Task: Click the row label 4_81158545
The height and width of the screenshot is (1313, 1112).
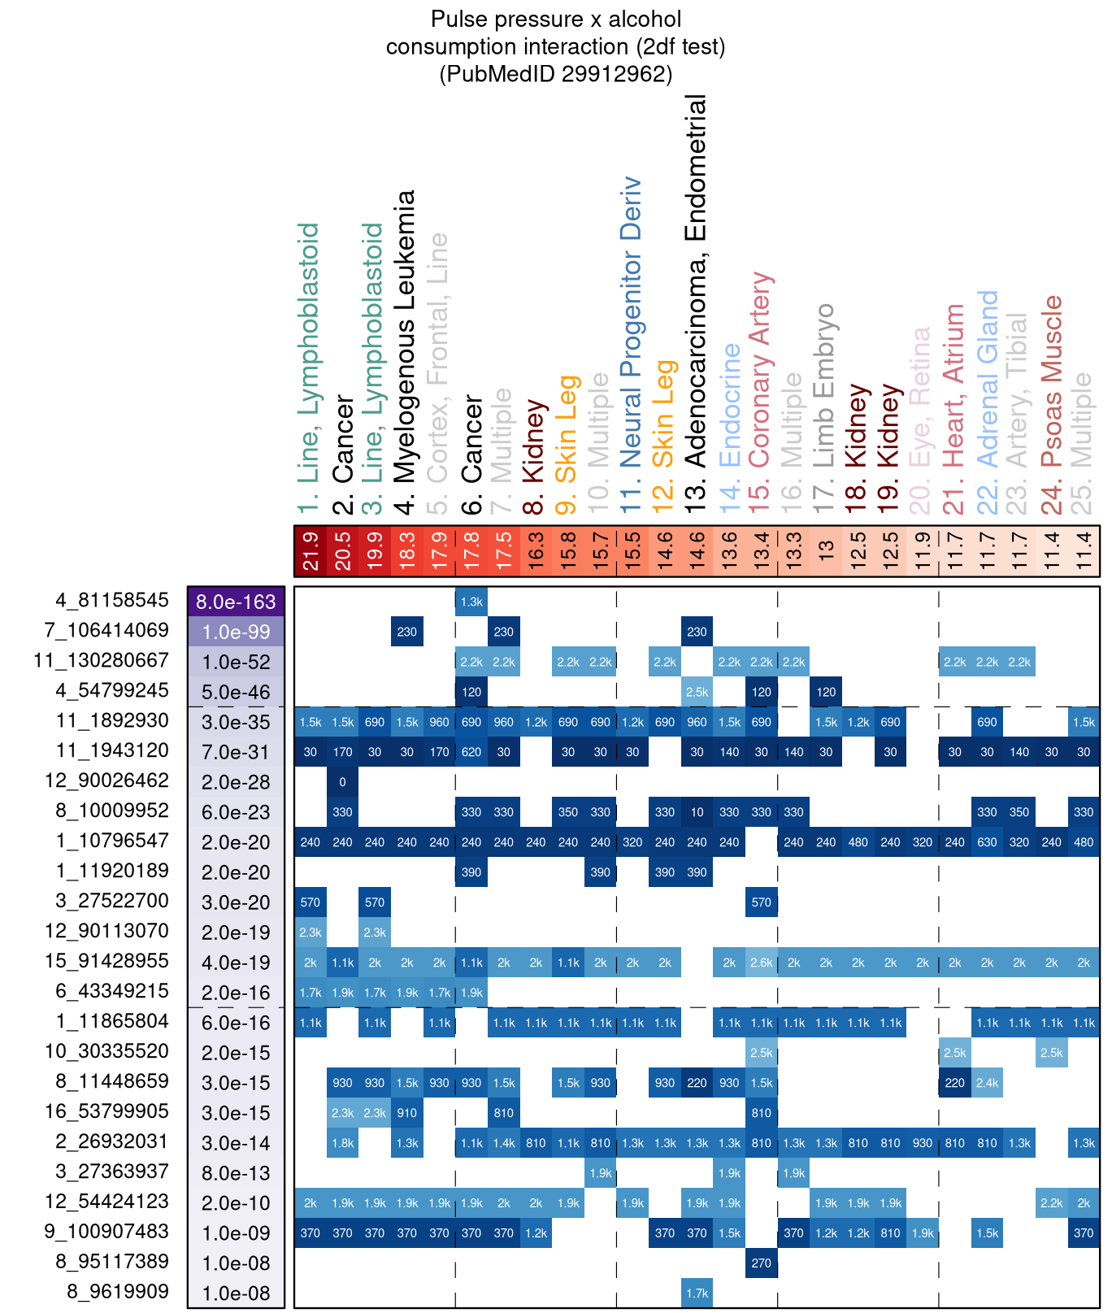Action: [x=112, y=601]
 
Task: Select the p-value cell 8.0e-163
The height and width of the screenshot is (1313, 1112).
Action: [x=236, y=602]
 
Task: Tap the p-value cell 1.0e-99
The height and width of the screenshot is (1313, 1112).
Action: [x=236, y=633]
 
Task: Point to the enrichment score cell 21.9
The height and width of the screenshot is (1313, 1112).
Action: [x=311, y=551]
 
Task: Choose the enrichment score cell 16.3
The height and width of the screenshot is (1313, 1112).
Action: [x=536, y=551]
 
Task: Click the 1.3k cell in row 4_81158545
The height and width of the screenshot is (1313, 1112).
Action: [x=471, y=602]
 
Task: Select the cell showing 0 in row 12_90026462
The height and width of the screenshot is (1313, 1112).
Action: [x=343, y=782]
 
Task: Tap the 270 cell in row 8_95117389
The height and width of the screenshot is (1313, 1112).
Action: [x=761, y=1263]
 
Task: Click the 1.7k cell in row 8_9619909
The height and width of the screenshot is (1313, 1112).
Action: [x=697, y=1293]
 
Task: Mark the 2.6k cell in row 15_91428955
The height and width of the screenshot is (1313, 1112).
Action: [x=761, y=963]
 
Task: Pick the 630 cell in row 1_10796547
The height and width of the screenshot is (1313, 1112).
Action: [x=987, y=842]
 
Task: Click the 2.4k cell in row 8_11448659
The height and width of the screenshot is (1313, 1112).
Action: [x=987, y=1083]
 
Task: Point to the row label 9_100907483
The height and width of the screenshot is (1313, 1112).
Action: [x=106, y=1232]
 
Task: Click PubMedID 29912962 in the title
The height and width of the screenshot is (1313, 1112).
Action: [x=556, y=75]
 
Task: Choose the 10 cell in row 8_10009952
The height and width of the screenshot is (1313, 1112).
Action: [x=697, y=812]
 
